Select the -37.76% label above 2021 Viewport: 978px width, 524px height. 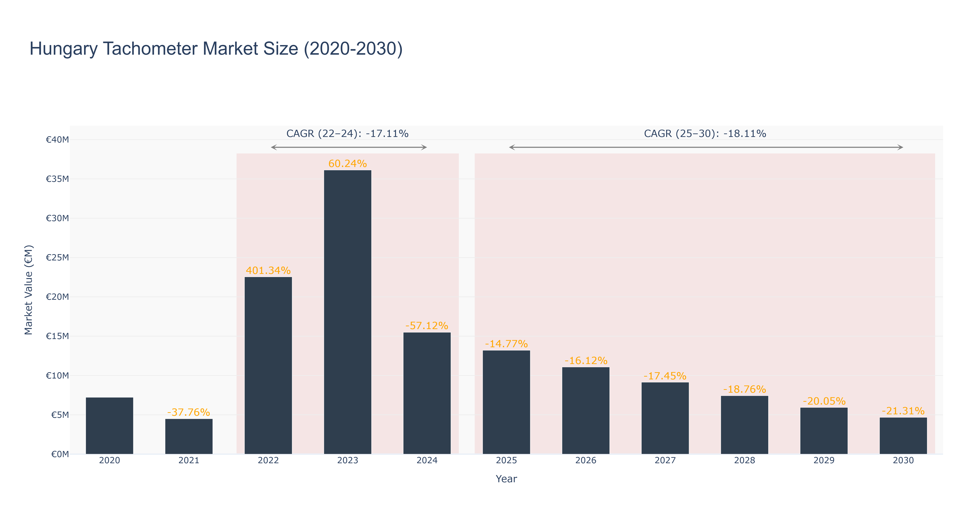point(189,412)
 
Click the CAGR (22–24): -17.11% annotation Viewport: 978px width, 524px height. point(347,134)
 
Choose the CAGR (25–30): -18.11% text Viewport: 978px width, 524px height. point(705,134)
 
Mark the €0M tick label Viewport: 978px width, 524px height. point(60,454)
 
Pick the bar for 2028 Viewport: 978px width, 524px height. point(745,425)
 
